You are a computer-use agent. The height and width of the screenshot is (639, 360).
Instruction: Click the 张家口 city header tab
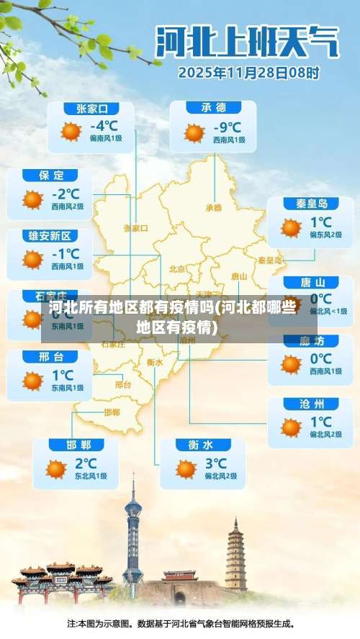[x=91, y=109]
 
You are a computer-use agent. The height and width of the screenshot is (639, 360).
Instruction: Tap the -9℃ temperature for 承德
[x=228, y=127]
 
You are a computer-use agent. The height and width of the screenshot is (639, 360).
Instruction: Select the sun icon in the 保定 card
[x=32, y=199]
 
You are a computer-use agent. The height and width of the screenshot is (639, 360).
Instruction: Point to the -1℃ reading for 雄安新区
[x=66, y=253]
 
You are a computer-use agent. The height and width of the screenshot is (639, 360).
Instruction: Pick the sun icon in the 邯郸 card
[x=56, y=469]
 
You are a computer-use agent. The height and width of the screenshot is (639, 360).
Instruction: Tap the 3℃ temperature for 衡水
[x=215, y=463]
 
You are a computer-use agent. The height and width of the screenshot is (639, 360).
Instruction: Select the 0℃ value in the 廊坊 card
[x=320, y=358]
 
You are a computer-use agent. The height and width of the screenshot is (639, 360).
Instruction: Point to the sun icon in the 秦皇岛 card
[x=291, y=228]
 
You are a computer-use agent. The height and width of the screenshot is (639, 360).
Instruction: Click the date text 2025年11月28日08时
[x=248, y=73]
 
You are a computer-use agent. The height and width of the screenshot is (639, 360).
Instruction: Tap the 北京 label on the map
[x=176, y=269]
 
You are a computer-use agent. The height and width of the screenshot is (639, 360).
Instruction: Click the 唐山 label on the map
[x=239, y=276]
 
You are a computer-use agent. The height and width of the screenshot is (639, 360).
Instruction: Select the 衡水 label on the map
[x=154, y=362]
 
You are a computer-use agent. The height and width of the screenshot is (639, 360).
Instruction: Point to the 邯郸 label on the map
[x=112, y=412]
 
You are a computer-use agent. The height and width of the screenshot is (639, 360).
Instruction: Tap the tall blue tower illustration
[x=132, y=536]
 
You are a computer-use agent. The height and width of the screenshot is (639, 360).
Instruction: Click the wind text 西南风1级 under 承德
[x=229, y=140]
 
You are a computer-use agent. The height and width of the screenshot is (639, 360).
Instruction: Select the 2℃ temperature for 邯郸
[x=85, y=463]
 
